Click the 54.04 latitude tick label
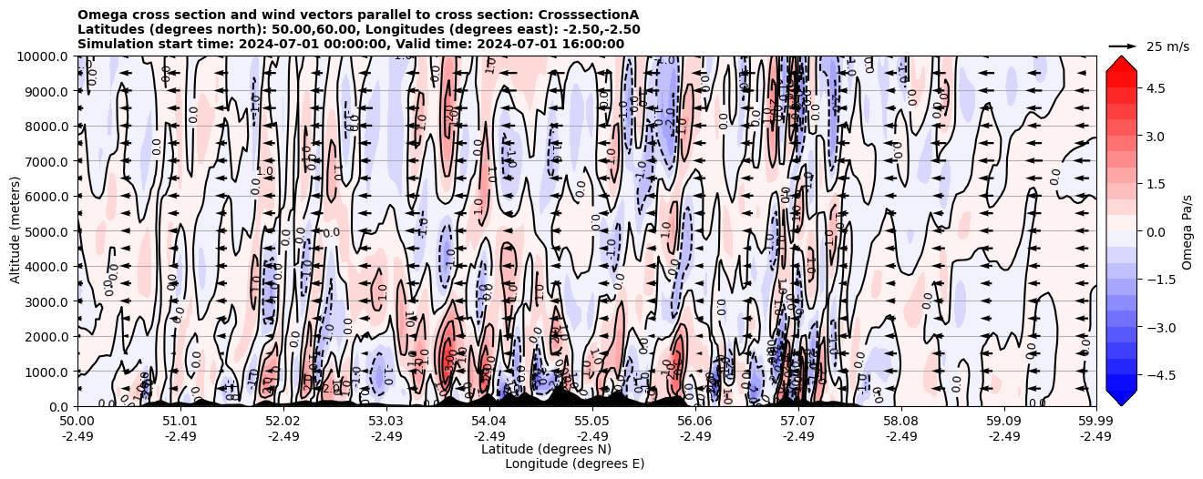pos(488,422)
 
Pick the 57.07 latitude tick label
pos(797,422)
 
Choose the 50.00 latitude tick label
pos(77,422)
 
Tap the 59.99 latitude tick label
pos(1095,422)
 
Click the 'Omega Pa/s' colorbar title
pos(1187,231)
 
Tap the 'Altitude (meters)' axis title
pos(15,231)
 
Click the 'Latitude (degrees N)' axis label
pos(546,449)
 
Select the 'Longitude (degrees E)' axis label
pos(574,464)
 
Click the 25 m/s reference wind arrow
pos(1123,46)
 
